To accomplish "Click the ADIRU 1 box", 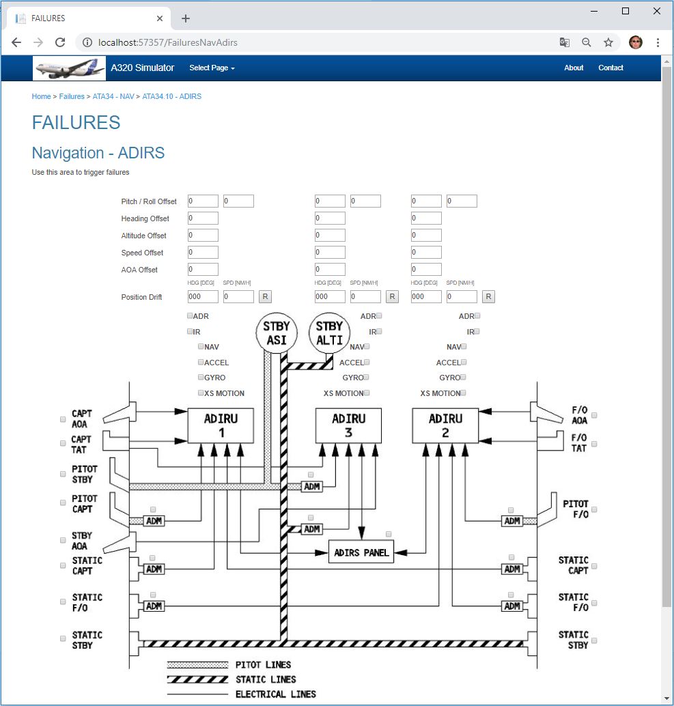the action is (221, 425).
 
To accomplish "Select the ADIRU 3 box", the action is (348, 425).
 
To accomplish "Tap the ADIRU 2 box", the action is (445, 425).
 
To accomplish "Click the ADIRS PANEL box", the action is (361, 552).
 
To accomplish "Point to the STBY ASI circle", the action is (277, 333).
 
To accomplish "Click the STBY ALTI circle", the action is (330, 333).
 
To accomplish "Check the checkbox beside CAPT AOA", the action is (63, 419).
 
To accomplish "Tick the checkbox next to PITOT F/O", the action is (594, 509).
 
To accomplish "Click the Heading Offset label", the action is (145, 218).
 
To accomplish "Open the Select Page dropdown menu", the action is (212, 68).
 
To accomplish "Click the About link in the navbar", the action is (574, 68).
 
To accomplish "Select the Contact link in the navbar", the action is (610, 68).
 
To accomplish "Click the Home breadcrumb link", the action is (41, 96).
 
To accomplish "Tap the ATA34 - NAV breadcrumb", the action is (113, 96).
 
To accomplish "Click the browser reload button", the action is (60, 42).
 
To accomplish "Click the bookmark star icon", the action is (608, 42).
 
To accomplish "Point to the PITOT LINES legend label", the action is (263, 664).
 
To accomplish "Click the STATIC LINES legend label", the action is (266, 679).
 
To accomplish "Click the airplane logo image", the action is (70, 68).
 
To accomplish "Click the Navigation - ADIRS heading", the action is (98, 153).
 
